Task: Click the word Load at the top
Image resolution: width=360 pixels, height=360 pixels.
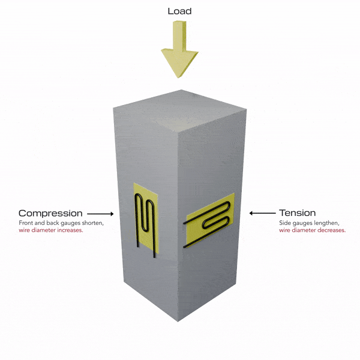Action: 179,11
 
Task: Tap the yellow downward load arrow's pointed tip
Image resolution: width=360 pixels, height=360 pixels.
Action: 178,78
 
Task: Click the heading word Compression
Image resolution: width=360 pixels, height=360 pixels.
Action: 50,213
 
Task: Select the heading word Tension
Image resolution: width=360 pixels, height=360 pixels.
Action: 298,213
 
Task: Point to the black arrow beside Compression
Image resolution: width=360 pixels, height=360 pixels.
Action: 100,214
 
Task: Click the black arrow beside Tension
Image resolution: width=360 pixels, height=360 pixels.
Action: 262,213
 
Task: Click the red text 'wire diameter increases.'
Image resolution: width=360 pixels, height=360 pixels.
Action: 51,230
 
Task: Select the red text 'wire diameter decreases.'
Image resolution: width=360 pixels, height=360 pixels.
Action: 312,230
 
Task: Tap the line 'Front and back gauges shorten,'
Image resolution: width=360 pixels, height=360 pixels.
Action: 61,223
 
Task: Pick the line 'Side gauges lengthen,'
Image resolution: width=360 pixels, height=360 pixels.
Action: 309,223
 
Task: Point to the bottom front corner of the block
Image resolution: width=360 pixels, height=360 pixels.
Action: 178,322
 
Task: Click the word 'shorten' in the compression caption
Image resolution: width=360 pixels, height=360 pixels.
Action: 92,223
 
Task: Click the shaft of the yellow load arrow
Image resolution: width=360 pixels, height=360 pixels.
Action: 179,35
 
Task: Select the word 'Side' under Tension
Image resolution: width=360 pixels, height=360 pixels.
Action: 284,223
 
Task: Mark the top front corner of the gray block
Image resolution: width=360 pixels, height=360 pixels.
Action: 178,133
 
